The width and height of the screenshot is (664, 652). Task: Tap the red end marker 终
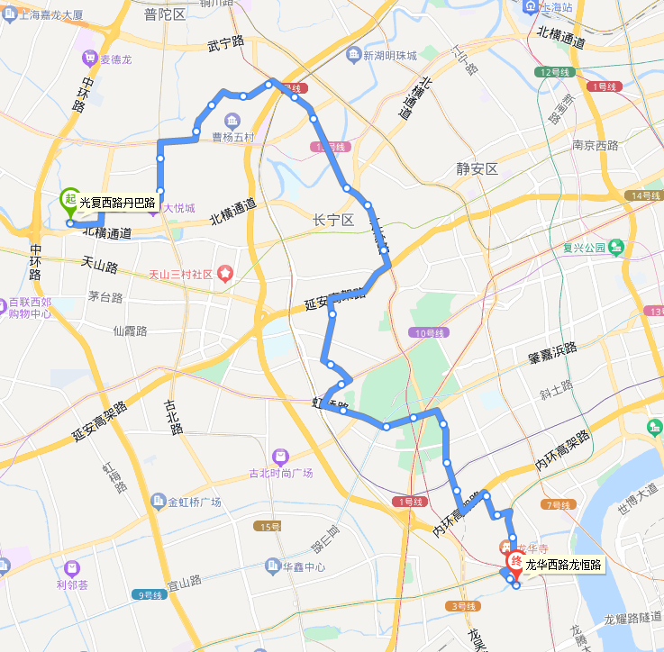click(515, 561)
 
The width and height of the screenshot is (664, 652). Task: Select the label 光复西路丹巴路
click(117, 204)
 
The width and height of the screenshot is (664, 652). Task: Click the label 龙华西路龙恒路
click(563, 566)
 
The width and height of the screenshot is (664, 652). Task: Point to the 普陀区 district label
click(164, 14)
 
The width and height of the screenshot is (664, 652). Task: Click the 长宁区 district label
click(334, 221)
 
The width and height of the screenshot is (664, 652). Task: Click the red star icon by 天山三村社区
click(224, 273)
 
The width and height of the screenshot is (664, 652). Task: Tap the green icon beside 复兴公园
click(616, 247)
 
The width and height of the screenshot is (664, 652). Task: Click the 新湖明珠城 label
click(390, 56)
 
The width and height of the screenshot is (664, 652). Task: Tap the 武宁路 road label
click(225, 42)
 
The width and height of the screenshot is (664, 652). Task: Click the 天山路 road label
click(100, 267)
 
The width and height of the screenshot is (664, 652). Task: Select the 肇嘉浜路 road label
click(552, 355)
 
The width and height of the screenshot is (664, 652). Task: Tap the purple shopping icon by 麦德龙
click(89, 59)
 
